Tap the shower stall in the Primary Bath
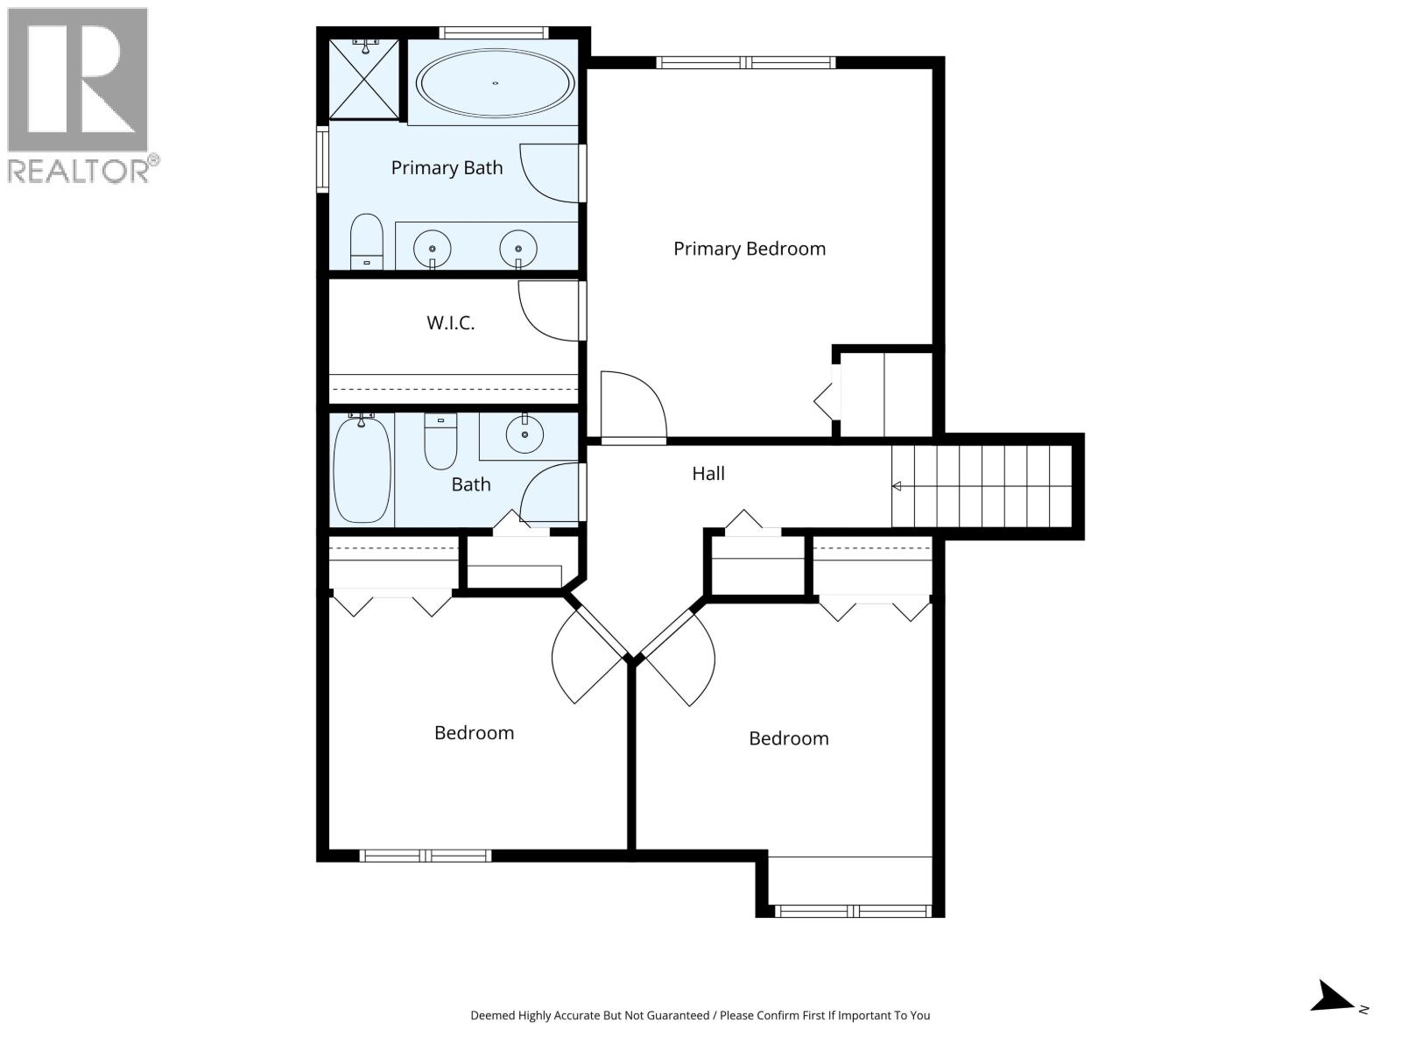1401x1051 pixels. [364, 78]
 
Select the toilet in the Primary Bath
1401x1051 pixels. [367, 242]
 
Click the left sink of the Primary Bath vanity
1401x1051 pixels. [432, 249]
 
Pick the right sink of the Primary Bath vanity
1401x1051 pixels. [518, 249]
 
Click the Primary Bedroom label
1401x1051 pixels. [749, 249]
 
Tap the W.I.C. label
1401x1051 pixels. [450, 323]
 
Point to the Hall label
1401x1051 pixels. [708, 474]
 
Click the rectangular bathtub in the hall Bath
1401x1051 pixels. [362, 470]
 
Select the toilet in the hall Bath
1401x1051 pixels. [440, 442]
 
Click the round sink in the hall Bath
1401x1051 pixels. [524, 434]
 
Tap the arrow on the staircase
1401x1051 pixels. [897, 486]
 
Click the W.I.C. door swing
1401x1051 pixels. [550, 311]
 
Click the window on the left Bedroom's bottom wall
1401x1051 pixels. [426, 856]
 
